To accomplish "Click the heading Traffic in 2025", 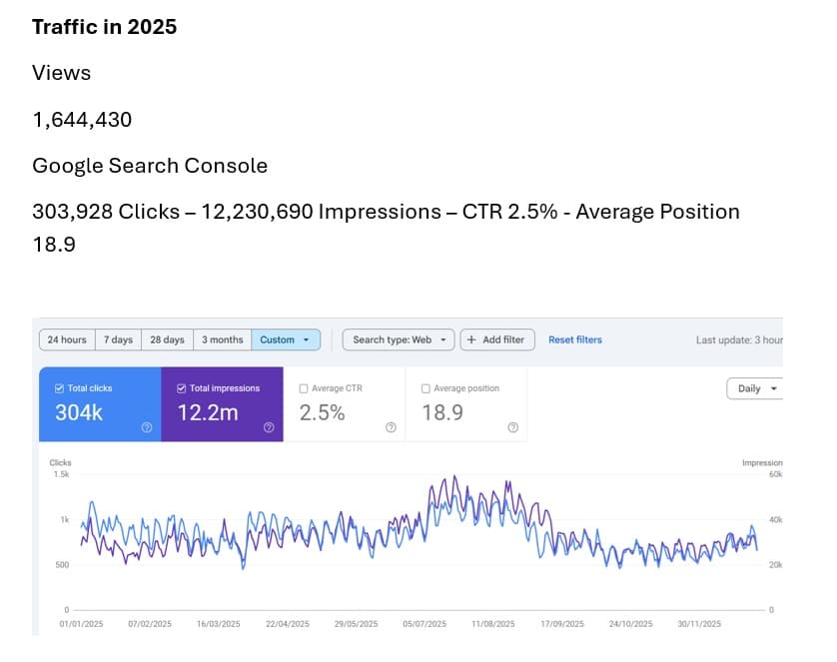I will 104,27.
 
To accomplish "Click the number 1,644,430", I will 82,120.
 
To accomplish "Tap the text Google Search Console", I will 150,166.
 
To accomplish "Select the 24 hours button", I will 67,339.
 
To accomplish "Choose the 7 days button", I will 117,339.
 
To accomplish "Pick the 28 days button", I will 167,339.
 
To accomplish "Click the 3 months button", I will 222,339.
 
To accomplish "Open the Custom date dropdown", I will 285,339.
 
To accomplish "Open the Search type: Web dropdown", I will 399,339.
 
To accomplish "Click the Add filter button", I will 497,339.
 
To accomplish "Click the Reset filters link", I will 575,339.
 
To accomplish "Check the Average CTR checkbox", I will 304,388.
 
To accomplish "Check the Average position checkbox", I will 426,388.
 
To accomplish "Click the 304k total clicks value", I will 79,411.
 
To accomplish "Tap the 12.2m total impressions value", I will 208,411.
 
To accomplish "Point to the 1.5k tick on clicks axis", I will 61,474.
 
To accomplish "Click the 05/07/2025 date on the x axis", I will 423,624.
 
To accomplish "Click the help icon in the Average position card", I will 512,427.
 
